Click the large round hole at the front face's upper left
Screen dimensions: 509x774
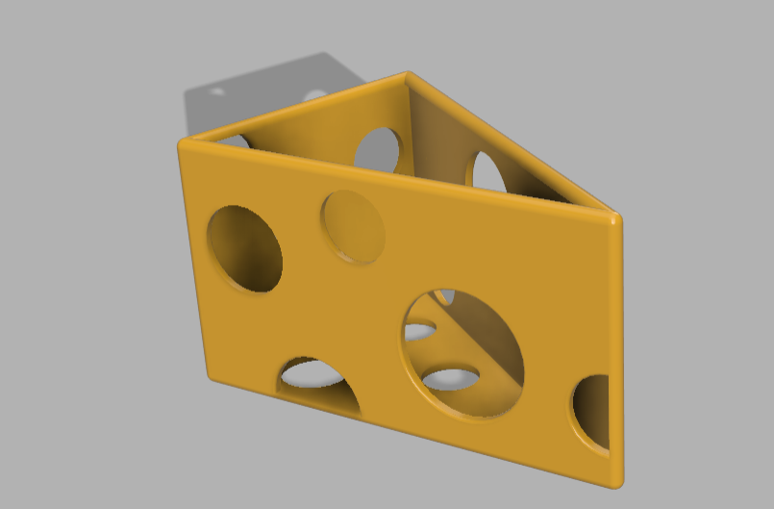[244, 248]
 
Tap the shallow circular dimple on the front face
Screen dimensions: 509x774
[353, 226]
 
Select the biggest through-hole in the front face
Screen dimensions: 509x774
[463, 353]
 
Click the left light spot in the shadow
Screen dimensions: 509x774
[218, 92]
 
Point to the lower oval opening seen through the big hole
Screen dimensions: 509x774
[451, 378]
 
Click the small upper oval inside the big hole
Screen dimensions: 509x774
[419, 332]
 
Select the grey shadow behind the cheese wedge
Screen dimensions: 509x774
[260, 101]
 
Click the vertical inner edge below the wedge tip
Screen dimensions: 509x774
[410, 125]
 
